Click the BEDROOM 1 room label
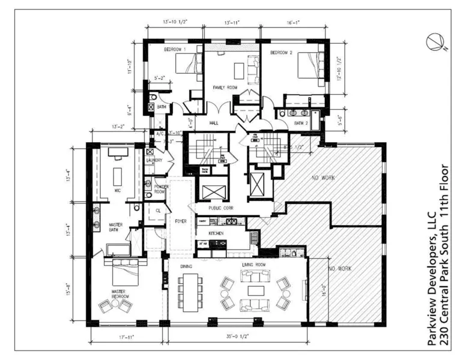pyautogui.click(x=175, y=49)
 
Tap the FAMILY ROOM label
pyautogui.click(x=225, y=88)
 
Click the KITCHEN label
pyautogui.click(x=216, y=233)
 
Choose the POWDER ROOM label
pyautogui.click(x=160, y=190)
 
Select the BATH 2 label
pyautogui.click(x=300, y=123)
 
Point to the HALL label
pyautogui.click(x=213, y=122)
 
